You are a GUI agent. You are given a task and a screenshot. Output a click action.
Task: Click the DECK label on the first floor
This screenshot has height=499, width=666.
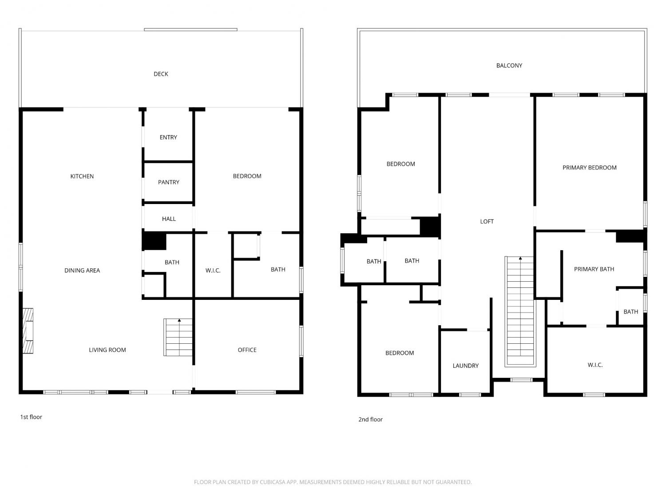tap(161, 74)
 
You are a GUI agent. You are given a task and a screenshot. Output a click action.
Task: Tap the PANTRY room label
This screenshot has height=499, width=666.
tap(168, 182)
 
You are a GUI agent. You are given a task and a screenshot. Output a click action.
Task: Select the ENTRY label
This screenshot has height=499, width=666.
tap(168, 137)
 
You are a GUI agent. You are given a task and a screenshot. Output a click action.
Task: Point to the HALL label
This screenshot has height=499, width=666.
tap(169, 219)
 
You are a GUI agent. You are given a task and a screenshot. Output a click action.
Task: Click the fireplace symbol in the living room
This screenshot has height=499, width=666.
tap(28, 331)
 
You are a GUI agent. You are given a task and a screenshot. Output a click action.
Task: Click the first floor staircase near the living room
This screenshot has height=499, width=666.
tap(178, 337)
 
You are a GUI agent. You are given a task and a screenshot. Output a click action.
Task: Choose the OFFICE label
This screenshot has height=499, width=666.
tap(247, 350)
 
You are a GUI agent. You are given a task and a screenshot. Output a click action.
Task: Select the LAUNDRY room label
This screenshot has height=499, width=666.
tap(465, 365)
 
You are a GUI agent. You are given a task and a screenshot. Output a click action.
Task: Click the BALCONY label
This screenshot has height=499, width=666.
tap(509, 66)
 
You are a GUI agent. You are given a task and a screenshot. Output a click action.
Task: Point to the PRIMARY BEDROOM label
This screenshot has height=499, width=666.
tap(589, 168)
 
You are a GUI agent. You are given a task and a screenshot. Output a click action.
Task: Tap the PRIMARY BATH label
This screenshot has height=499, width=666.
tap(594, 269)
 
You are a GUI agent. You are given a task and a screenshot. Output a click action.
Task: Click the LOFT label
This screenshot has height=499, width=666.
tap(487, 221)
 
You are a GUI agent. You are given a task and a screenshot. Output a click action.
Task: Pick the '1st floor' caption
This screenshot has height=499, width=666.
tap(31, 417)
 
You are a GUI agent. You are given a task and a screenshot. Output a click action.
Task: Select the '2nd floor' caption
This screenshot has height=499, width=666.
tap(370, 419)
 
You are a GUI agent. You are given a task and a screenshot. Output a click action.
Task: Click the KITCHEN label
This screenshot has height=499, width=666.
tap(82, 177)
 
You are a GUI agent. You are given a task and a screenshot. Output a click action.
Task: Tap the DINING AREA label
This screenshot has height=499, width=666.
tap(82, 271)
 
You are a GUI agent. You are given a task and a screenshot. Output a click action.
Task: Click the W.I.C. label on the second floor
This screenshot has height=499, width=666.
tap(595, 365)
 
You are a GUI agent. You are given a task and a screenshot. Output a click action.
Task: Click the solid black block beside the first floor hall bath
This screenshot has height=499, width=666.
tap(154, 241)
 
